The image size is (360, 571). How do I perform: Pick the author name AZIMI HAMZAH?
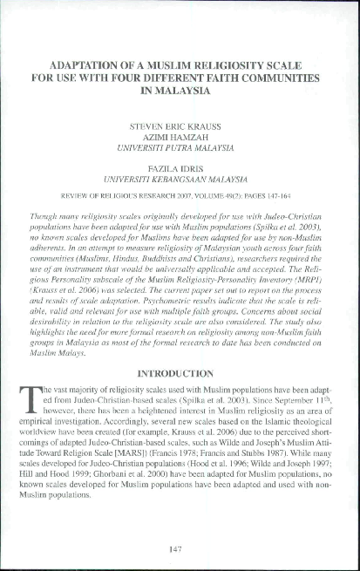pos(179,137)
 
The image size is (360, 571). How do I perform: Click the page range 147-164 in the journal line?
pos(289,196)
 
